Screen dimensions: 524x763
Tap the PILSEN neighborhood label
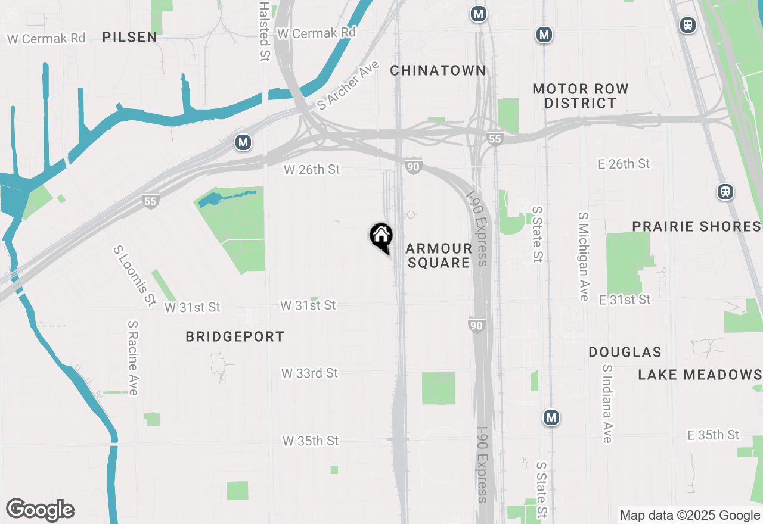click(x=129, y=37)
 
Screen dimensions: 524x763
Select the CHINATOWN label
click(x=438, y=70)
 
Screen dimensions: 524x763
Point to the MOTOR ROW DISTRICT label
click(x=581, y=96)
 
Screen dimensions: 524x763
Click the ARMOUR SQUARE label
click(x=439, y=255)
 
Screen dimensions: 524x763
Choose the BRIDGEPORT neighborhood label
click(x=235, y=336)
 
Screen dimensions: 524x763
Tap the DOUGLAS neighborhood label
click(x=625, y=352)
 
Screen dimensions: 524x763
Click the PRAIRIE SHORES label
click(x=696, y=226)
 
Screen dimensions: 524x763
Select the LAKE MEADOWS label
click(x=700, y=375)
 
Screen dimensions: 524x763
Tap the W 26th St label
click(x=312, y=170)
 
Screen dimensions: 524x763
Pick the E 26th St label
click(x=624, y=163)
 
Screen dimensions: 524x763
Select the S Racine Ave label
click(x=132, y=358)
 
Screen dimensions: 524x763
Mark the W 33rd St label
click(x=309, y=373)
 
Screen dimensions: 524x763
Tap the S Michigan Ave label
click(x=584, y=256)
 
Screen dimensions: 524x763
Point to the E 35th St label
click(x=713, y=435)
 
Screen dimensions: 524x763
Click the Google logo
click(x=40, y=510)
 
